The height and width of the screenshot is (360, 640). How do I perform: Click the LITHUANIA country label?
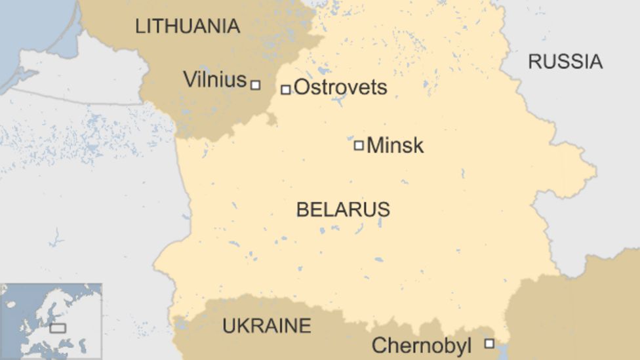tap(187, 26)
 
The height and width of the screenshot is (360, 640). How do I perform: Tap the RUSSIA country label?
tap(565, 62)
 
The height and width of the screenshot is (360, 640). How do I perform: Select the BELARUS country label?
tap(343, 209)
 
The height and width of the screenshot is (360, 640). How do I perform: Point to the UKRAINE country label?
tap(267, 325)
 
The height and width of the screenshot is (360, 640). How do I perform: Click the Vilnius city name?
tap(214, 80)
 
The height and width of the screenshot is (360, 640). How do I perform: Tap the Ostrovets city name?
tap(340, 87)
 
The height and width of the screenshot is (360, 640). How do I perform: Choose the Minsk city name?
tap(395, 146)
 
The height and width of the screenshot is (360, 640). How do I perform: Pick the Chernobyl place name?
tap(422, 346)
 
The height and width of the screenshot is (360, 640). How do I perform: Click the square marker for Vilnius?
tap(255, 85)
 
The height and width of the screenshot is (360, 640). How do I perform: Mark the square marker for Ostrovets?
tap(285, 89)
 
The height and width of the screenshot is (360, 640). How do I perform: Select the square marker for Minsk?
tap(359, 145)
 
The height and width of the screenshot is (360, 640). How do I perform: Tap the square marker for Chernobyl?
tap(489, 343)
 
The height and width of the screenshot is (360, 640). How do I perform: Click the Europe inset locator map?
tap(51, 321)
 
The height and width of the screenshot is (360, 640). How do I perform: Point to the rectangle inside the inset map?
tap(58, 327)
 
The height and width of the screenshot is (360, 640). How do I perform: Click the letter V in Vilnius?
tap(189, 80)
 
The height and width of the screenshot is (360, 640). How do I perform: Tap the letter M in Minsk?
tap(374, 146)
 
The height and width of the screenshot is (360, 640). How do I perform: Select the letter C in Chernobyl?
tap(378, 346)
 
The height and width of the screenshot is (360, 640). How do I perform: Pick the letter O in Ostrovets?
tap(302, 87)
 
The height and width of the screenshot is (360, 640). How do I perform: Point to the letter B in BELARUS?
tap(301, 209)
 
